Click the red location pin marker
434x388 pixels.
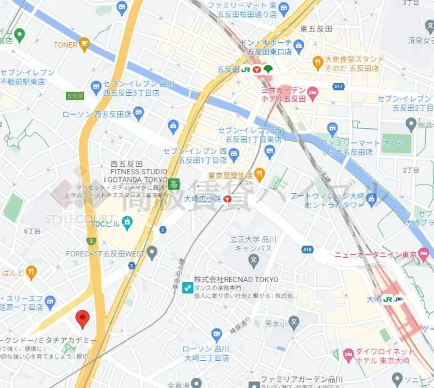pyautogui.click(x=83, y=317)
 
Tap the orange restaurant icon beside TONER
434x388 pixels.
pyautogui.click(x=85, y=45)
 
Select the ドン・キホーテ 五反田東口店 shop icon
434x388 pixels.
pyautogui.click(x=299, y=47)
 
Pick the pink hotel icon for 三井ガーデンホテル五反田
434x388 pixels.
pyautogui.click(x=313, y=92)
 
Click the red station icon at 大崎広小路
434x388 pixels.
pyautogui.click(x=228, y=199)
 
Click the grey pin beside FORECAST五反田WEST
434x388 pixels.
pyautogui.click(x=152, y=253)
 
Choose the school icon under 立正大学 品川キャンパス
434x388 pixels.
pyautogui.click(x=254, y=259)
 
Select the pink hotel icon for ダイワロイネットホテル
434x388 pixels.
pyautogui.click(x=349, y=354)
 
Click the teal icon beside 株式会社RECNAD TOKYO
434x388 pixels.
pyautogui.click(x=186, y=288)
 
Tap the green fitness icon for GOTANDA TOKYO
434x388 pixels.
pyautogui.click(x=174, y=184)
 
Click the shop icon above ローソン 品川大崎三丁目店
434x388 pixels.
pyautogui.click(x=216, y=334)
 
